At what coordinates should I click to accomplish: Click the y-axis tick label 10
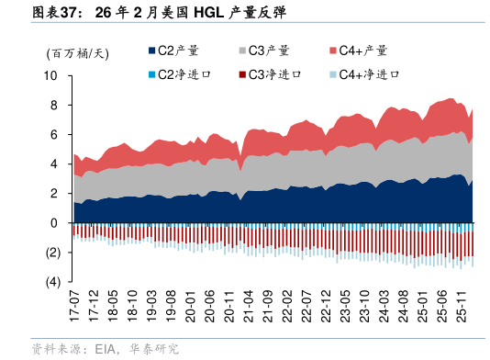(52, 76)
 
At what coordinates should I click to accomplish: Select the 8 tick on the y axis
(55, 106)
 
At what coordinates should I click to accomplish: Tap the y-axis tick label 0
(55, 223)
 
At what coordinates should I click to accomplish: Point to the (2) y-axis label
(52, 253)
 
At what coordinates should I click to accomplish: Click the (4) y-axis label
(52, 282)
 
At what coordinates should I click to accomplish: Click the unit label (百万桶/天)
(77, 52)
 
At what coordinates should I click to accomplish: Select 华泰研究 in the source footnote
(153, 349)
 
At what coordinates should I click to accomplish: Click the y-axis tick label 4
(55, 164)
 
